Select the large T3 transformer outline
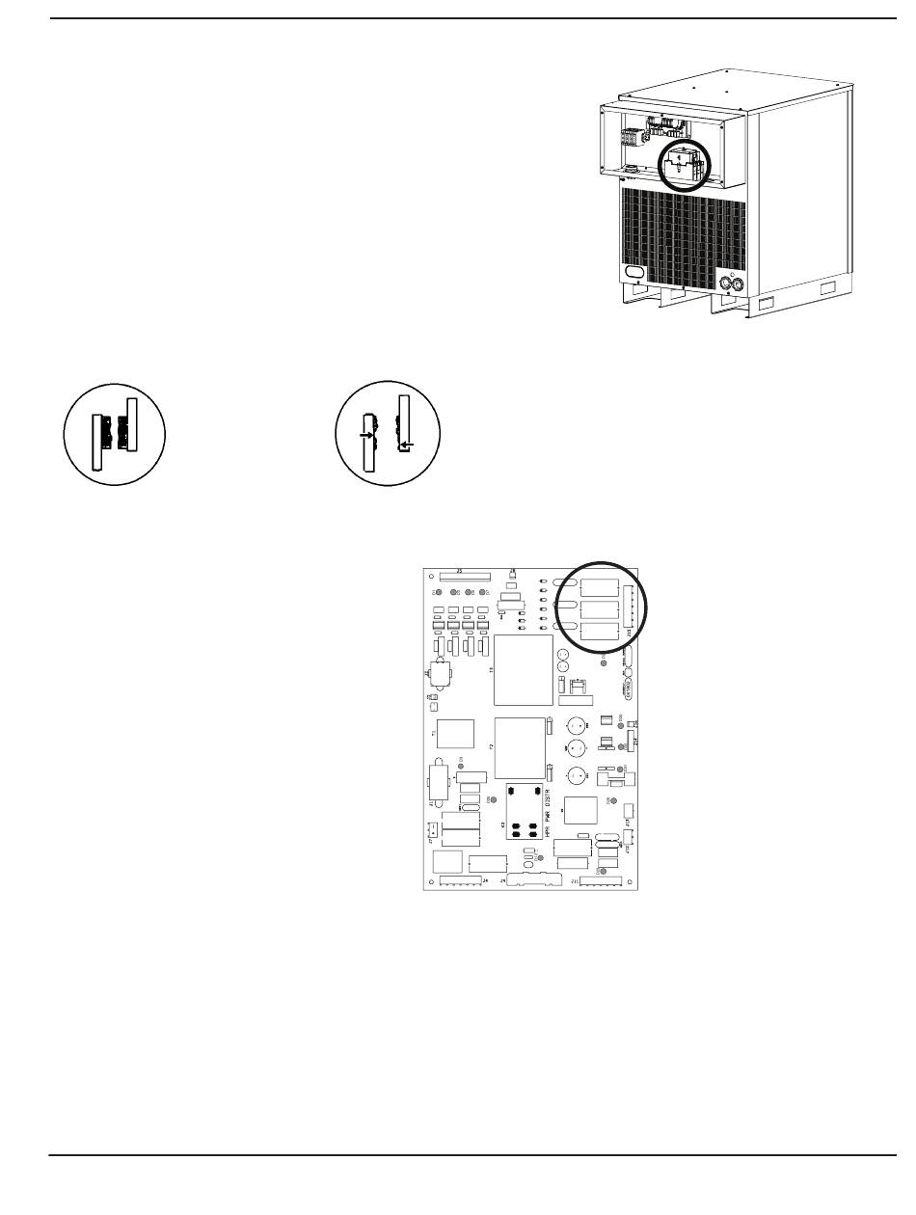[522, 670]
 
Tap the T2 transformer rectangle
[521, 747]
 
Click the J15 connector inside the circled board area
[630, 610]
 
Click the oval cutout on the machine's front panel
[636, 274]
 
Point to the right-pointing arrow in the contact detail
[364, 436]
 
